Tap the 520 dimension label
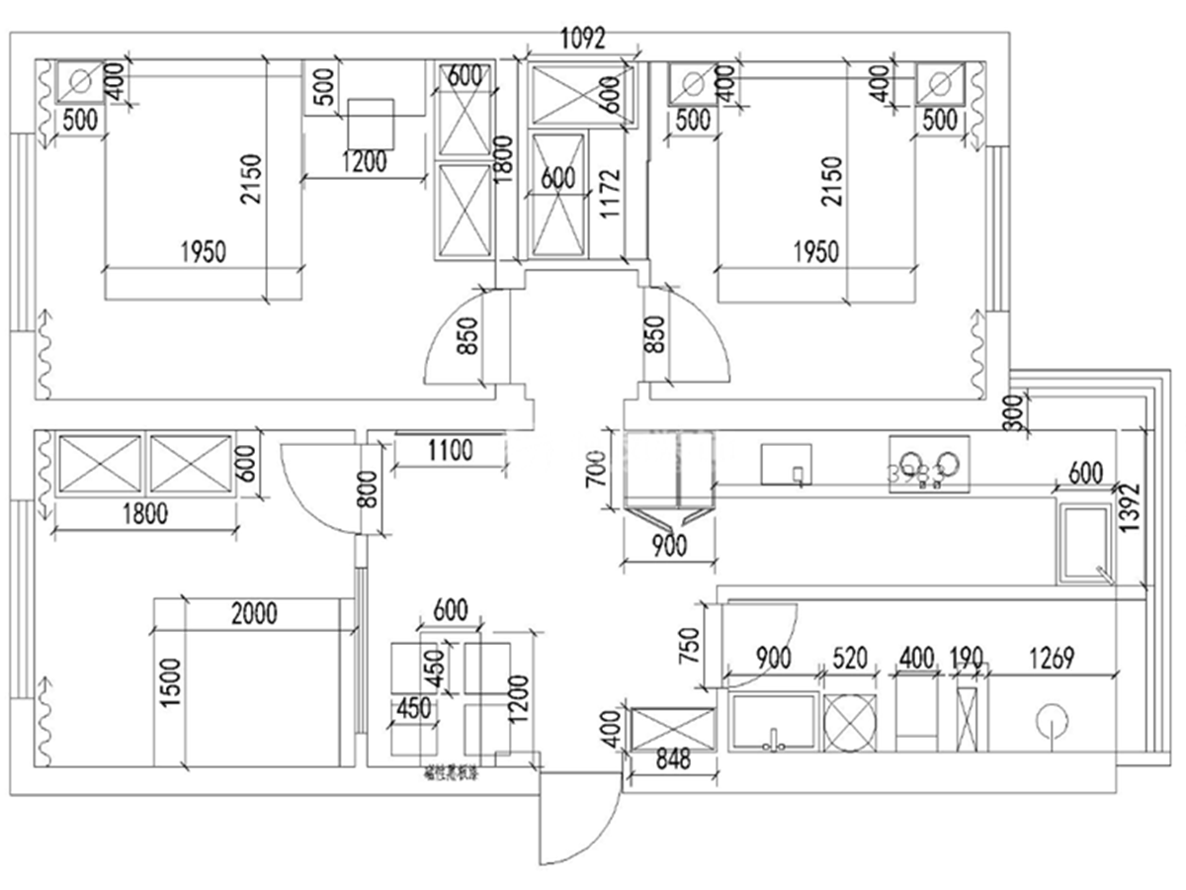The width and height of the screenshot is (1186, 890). [x=850, y=657]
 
